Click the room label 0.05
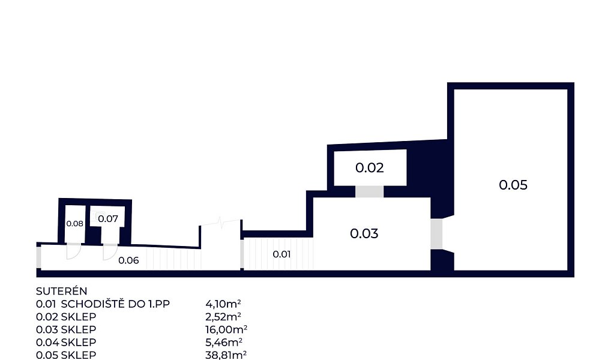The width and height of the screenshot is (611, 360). click(x=513, y=185)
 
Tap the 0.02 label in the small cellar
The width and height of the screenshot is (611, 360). click(x=369, y=167)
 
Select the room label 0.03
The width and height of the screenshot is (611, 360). click(x=364, y=233)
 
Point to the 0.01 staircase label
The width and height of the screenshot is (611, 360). click(x=281, y=254)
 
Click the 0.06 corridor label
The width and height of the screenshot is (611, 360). click(x=128, y=260)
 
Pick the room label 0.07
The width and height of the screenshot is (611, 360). click(x=108, y=218)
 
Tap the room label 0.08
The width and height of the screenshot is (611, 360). click(x=74, y=224)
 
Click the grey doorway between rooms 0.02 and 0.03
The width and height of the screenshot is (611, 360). click(x=369, y=191)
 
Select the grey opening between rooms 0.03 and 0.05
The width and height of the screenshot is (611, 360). click(x=436, y=234)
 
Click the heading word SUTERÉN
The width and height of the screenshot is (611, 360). click(x=62, y=291)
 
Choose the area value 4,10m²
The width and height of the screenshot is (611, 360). click(x=223, y=304)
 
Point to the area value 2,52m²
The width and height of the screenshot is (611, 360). click(x=223, y=317)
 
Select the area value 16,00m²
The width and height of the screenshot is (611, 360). click(x=226, y=329)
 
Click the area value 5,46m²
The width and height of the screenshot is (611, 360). click(x=224, y=343)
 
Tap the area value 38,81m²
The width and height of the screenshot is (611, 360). click(x=226, y=355)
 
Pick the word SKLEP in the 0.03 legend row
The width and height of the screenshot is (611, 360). click(x=78, y=329)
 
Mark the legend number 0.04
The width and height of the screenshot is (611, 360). click(x=47, y=343)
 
